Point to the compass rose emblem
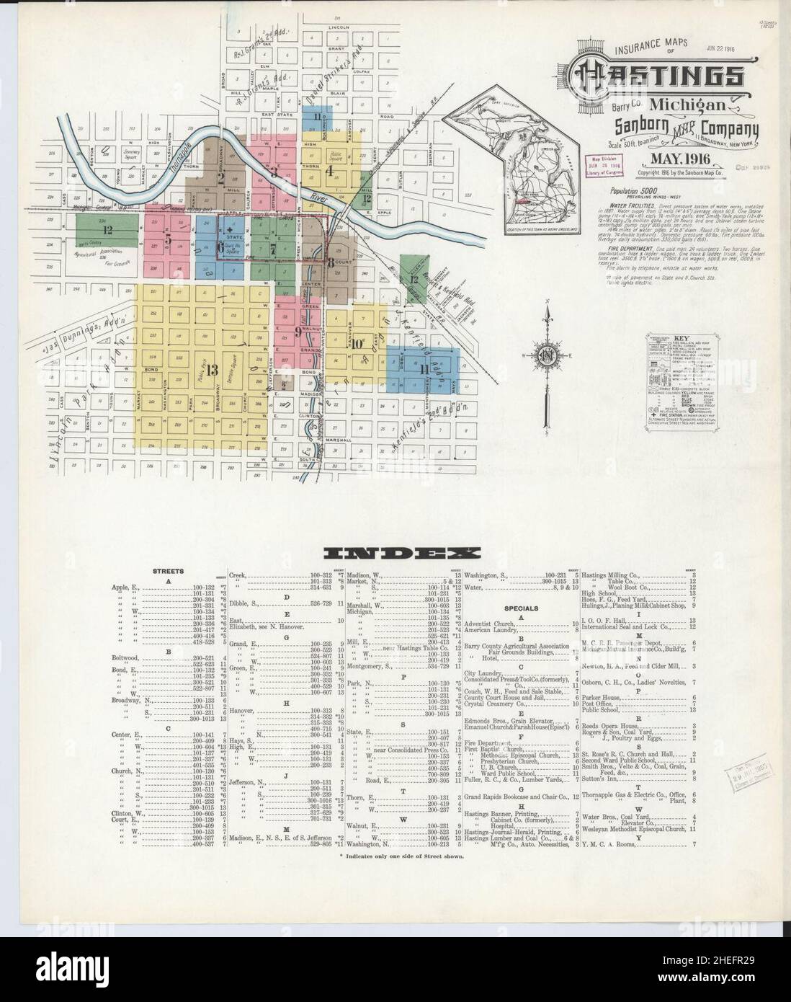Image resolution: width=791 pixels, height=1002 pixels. [547, 354]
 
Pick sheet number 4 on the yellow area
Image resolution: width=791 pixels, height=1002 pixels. [329, 172]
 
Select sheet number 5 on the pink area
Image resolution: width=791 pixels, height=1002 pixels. [168, 239]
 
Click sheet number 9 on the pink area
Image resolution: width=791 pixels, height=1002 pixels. [297, 332]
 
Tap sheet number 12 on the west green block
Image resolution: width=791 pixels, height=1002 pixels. [107, 230]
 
